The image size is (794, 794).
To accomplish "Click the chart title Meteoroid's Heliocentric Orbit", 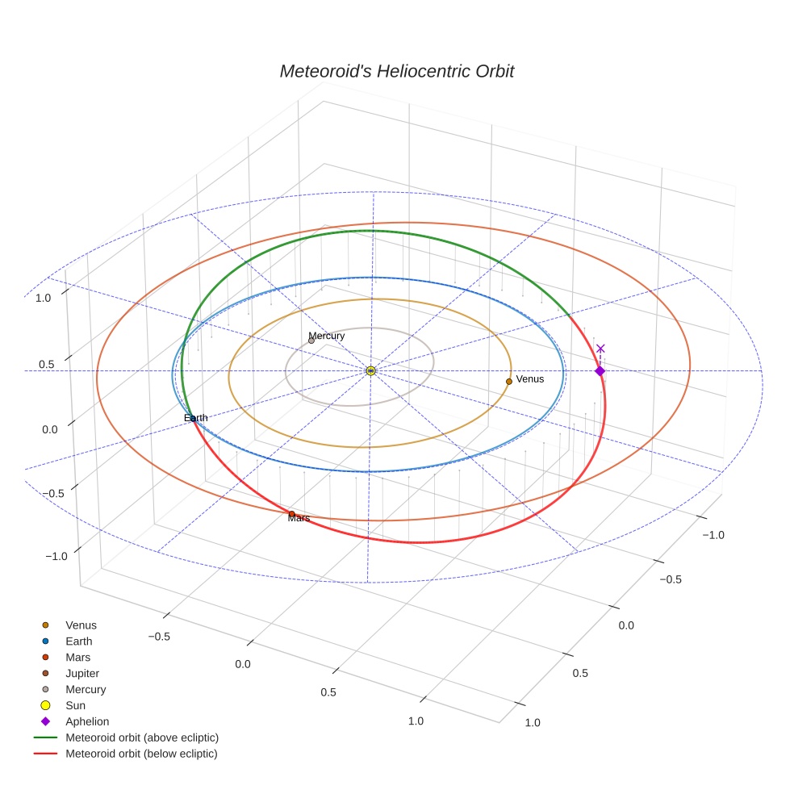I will (x=396, y=71).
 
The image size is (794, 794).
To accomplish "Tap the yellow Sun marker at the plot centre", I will (x=370, y=370).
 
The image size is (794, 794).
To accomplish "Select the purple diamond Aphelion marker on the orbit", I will (x=600, y=370).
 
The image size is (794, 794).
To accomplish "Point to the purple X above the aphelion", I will (x=600, y=349).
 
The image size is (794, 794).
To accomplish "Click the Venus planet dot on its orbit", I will (x=509, y=381).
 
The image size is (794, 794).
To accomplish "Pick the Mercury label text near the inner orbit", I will (x=326, y=336).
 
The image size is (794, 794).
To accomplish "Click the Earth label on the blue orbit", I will (x=195, y=418).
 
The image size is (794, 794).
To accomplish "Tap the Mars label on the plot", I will (x=299, y=518).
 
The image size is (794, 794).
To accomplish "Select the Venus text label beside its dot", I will (x=530, y=378).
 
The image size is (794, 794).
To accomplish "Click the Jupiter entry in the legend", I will (x=82, y=673).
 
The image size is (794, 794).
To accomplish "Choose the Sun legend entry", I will (x=75, y=705).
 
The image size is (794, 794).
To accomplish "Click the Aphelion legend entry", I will (x=87, y=721).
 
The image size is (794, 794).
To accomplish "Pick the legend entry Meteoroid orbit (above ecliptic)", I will (x=142, y=738).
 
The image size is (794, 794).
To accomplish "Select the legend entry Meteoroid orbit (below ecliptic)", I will (x=141, y=754).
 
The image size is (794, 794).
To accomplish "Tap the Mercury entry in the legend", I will (x=86, y=689).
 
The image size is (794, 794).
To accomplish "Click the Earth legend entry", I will (x=79, y=641).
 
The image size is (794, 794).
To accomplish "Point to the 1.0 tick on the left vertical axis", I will (x=43, y=298).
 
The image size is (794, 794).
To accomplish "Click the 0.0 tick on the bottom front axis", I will (x=243, y=664).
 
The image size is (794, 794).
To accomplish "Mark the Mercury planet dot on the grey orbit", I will (x=311, y=341).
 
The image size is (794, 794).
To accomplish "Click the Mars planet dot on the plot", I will (x=291, y=513).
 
